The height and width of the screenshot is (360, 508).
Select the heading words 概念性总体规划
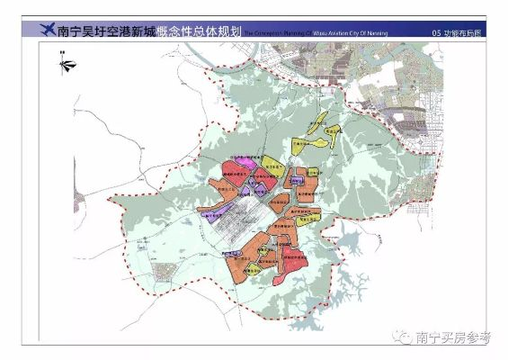point(198,31)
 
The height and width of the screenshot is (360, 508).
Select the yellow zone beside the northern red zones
point(270,167)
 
